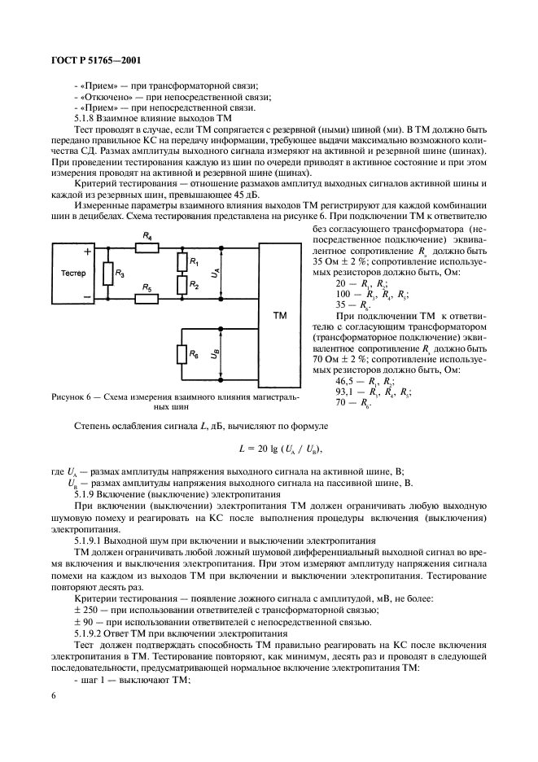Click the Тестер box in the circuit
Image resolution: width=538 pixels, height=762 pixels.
point(73,274)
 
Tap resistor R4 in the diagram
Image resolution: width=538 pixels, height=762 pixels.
point(147,245)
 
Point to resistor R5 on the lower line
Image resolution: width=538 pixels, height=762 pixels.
point(147,299)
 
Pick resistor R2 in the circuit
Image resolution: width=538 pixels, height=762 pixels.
point(180,285)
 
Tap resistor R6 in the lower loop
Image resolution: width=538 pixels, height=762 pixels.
point(180,354)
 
